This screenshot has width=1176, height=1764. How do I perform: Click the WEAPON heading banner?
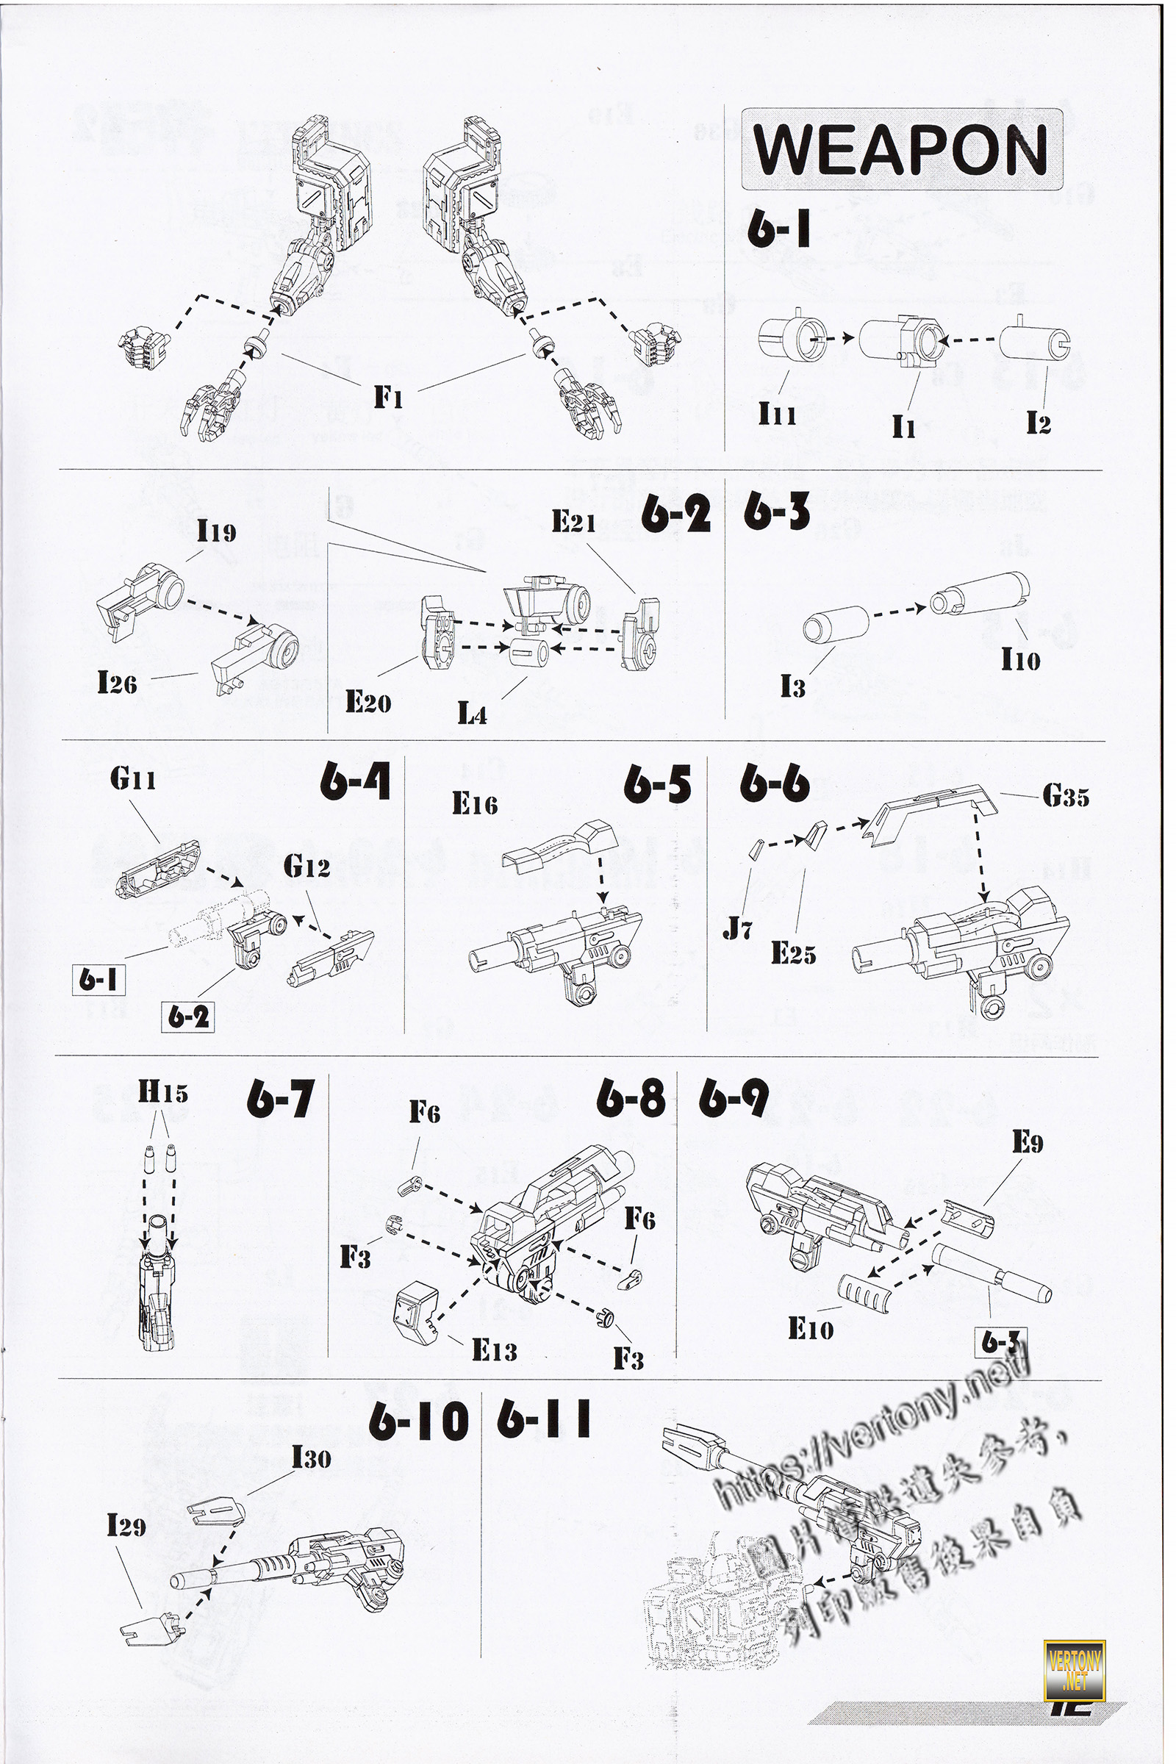pyautogui.click(x=902, y=150)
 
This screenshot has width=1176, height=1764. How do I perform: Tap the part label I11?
pyautogui.click(x=776, y=412)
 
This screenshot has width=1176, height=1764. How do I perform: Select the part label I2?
pyautogui.click(x=1038, y=423)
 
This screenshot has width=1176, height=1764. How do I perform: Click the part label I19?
pyautogui.click(x=216, y=531)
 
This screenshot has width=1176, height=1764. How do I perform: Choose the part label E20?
pyautogui.click(x=367, y=702)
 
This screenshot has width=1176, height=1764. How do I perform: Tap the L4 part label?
pyautogui.click(x=473, y=714)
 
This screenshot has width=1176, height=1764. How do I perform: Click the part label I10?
pyautogui.click(x=1020, y=659)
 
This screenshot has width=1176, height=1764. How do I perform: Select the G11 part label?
pyautogui.click(x=133, y=779)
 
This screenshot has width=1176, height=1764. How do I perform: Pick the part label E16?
pyautogui.click(x=475, y=804)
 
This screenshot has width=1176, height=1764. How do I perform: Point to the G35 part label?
pyautogui.click(x=1065, y=797)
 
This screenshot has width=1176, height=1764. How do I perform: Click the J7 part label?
pyautogui.click(x=737, y=931)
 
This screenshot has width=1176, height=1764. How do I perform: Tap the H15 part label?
pyautogui.click(x=162, y=1093)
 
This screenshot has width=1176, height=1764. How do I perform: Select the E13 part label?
pyautogui.click(x=494, y=1351)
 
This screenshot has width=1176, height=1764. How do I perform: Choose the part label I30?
pyautogui.click(x=311, y=1458)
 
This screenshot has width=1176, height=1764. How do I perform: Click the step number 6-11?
pyautogui.click(x=544, y=1420)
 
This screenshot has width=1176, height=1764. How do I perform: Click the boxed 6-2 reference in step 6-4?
pyautogui.click(x=187, y=1017)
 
